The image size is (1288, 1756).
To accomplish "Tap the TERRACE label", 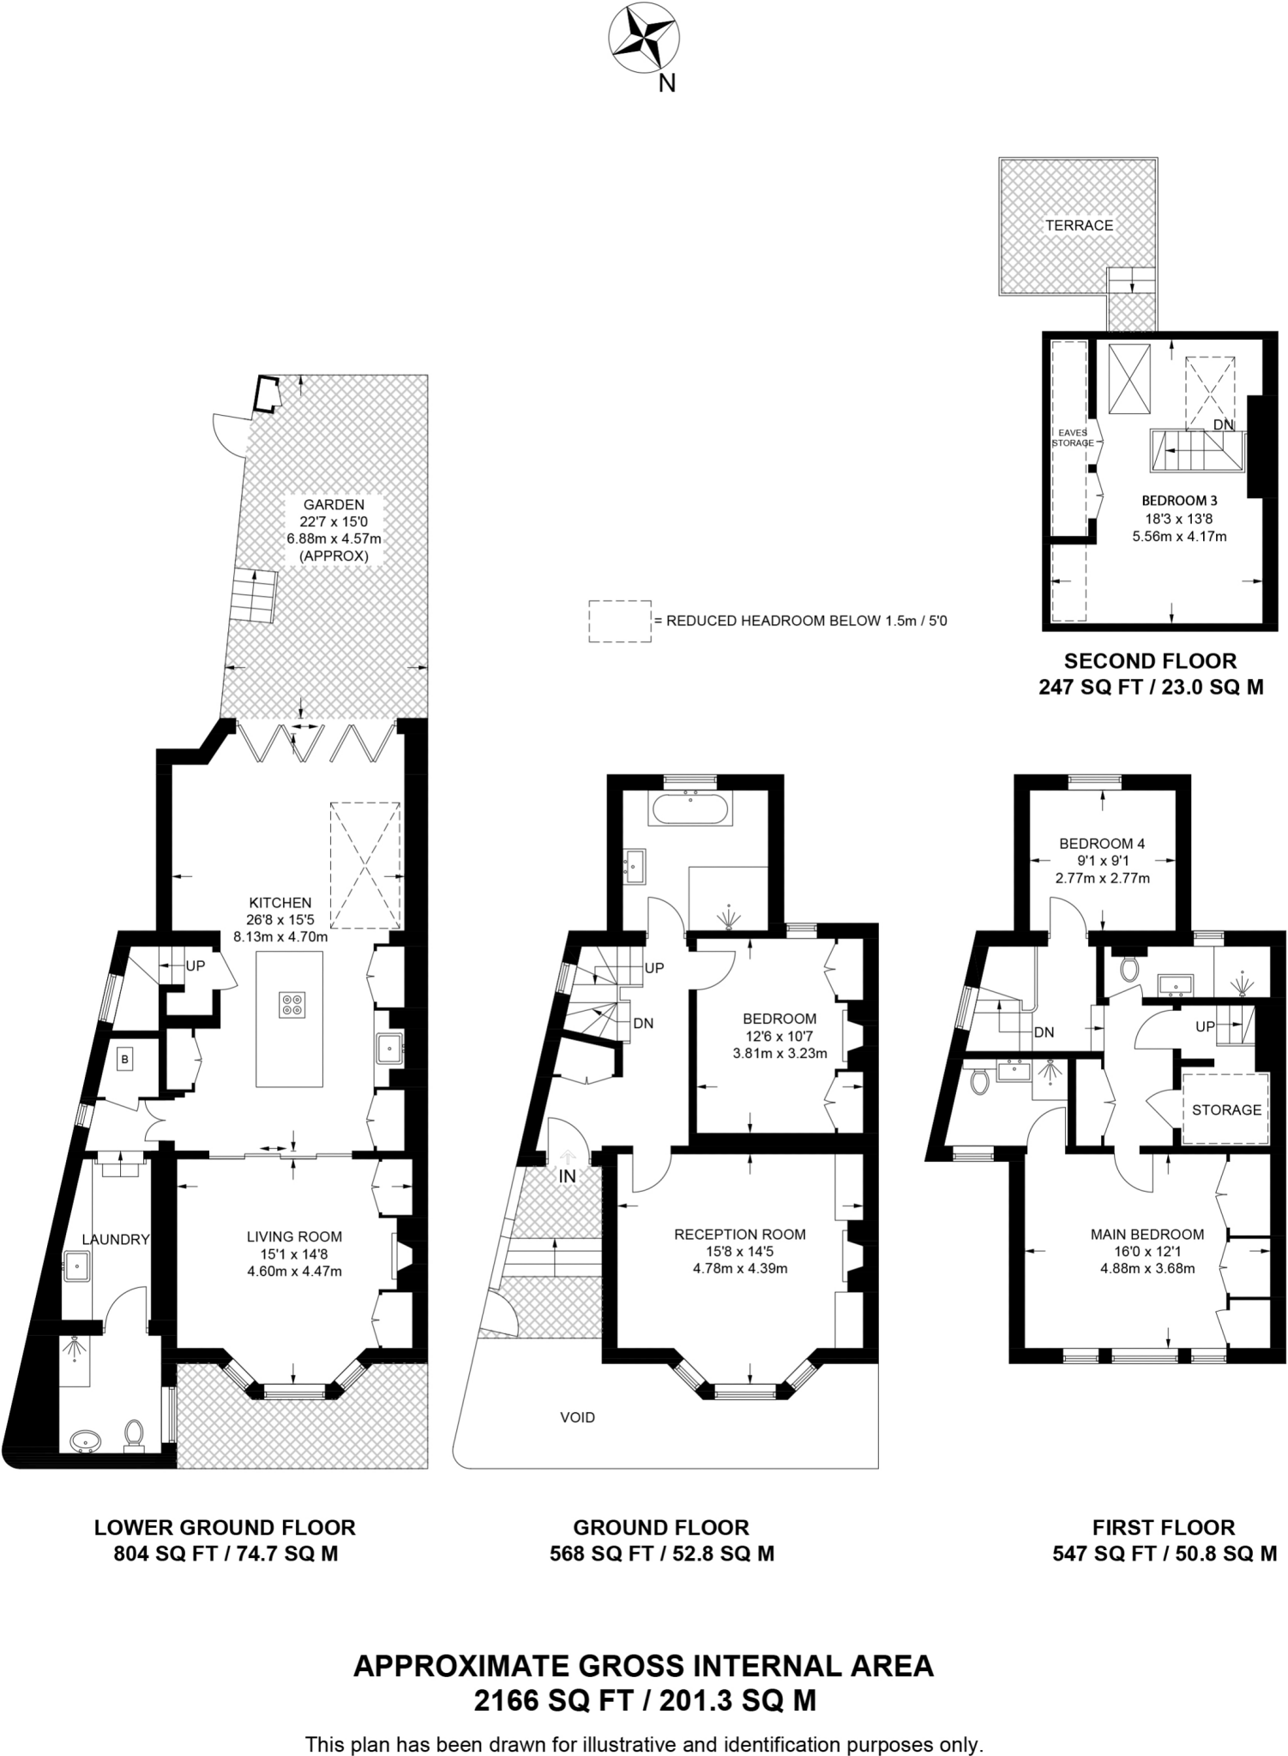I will (1079, 226).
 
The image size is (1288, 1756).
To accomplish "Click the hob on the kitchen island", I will (291, 1005).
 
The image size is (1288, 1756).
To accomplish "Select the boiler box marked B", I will (125, 1060).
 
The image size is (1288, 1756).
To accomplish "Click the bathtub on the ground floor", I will (692, 809).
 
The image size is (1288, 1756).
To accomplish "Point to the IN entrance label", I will (567, 1177).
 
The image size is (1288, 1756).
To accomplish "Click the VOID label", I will (577, 1417).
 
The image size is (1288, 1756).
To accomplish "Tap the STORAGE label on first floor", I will (1226, 1110).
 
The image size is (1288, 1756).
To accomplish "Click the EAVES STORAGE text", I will (1073, 438).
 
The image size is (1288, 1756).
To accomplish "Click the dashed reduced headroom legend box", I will (619, 621).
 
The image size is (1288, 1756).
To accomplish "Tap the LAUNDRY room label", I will (116, 1239).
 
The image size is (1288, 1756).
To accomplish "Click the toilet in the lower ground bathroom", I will (134, 1433).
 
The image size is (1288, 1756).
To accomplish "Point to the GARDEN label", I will (334, 505).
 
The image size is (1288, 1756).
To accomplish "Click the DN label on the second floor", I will (1223, 424).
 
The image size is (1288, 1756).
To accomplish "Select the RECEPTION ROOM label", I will (739, 1235).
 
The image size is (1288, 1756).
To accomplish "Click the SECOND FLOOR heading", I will (1150, 661).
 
